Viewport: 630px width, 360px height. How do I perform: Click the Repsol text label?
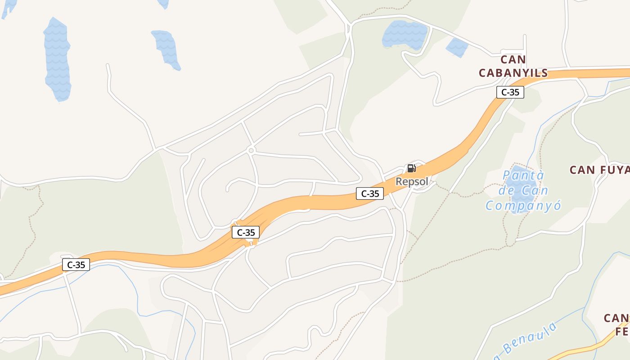click(412, 182)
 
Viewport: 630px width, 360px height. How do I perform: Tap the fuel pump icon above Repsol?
click(411, 169)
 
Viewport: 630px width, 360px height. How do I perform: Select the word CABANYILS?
click(513, 73)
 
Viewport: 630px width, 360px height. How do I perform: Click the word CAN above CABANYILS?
click(513, 59)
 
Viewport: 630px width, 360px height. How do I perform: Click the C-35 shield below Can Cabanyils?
click(510, 92)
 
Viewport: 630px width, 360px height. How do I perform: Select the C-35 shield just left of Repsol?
click(370, 194)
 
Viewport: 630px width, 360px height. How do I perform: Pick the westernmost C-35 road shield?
click(76, 265)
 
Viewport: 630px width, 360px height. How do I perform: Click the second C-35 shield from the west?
click(246, 232)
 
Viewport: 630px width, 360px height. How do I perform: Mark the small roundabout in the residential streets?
click(251, 150)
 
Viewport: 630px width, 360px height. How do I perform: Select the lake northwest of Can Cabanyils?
click(404, 34)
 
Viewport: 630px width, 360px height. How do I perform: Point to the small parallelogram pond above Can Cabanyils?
click(457, 47)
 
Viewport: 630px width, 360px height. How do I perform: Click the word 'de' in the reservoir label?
click(506, 191)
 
